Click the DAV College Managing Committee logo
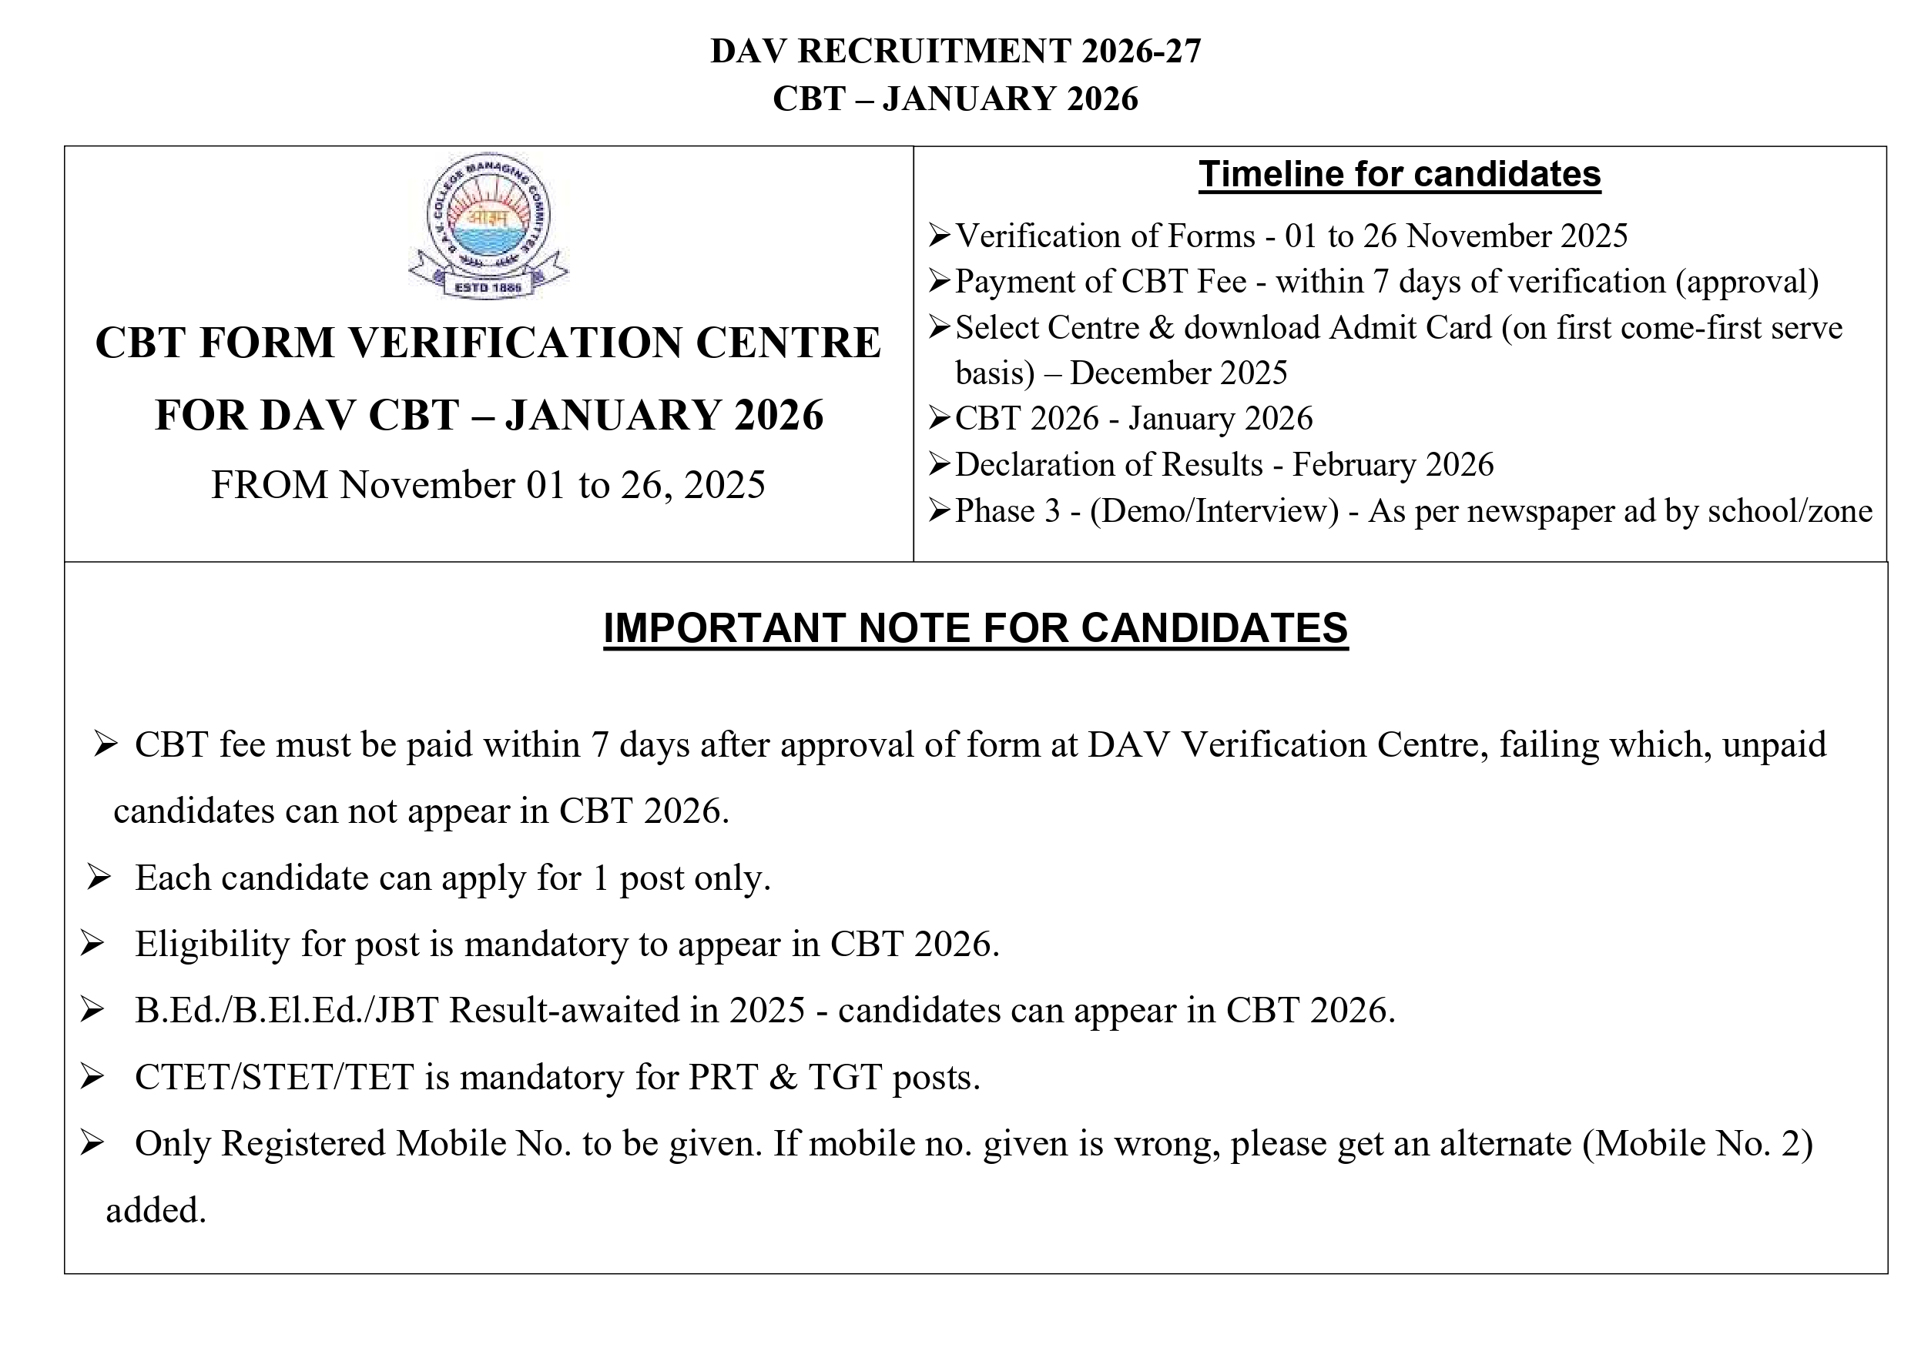pos(488,225)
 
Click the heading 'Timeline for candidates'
pos(1399,175)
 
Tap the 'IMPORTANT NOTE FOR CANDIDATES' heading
pos(974,628)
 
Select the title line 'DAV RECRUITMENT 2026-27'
pos(955,52)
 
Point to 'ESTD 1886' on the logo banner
pos(488,287)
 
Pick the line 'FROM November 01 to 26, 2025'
pos(488,485)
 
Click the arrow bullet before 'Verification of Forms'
pos(940,236)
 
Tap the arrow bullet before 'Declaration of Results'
pos(940,465)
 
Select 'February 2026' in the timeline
pos(1393,465)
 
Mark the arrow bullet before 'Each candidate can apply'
pos(99,878)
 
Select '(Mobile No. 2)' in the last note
pos(1697,1144)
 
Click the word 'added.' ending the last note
pos(156,1211)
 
